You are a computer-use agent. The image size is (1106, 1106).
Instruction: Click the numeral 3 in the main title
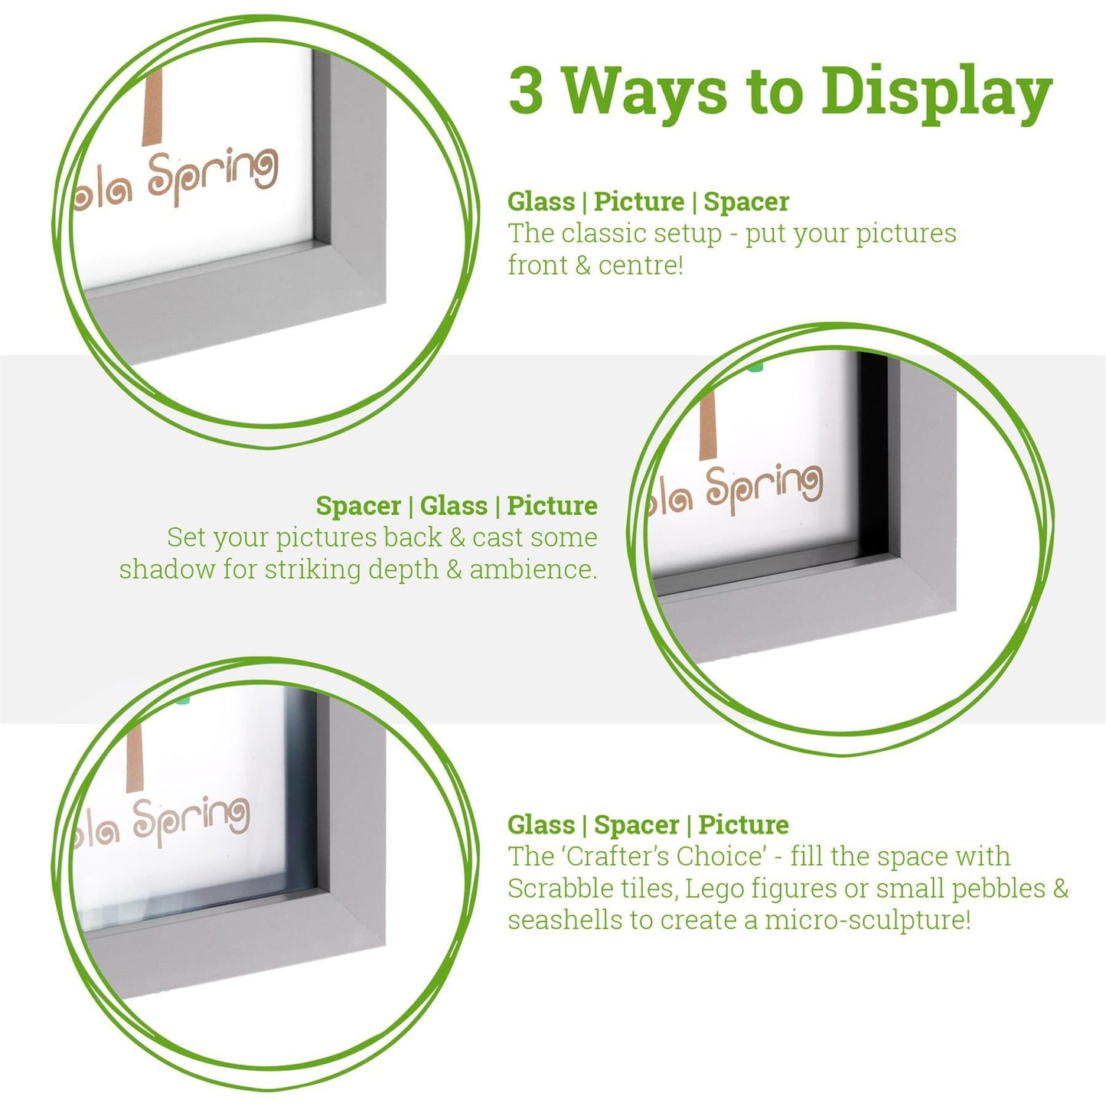tap(526, 91)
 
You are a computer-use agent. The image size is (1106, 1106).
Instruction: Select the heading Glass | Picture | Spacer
tap(648, 202)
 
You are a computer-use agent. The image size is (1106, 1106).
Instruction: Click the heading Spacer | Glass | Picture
tap(456, 506)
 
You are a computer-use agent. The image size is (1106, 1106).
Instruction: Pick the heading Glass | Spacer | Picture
tap(648, 824)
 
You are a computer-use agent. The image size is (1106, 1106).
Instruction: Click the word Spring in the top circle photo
tap(213, 176)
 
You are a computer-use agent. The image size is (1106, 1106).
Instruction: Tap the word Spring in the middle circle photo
tap(763, 488)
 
